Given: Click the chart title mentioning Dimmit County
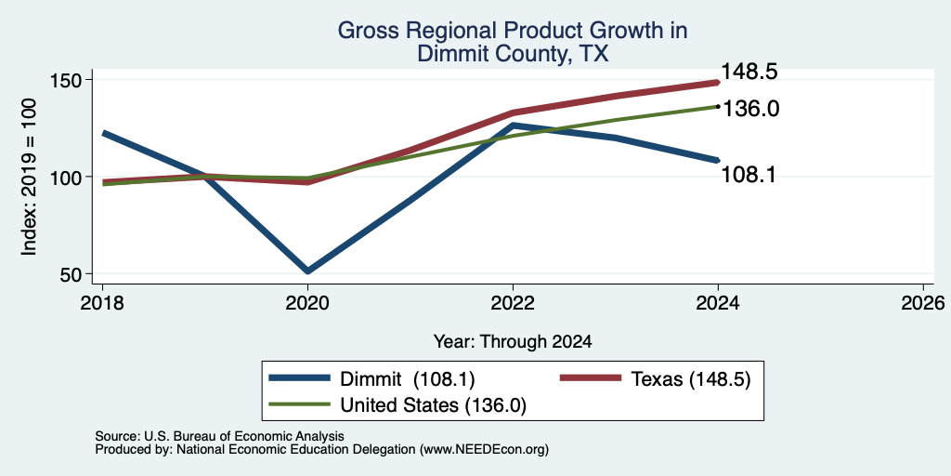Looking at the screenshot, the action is click(513, 42).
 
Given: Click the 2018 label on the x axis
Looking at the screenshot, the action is click(102, 303).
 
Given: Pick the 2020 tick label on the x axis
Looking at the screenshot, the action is click(307, 303).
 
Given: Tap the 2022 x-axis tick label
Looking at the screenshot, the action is click(513, 303).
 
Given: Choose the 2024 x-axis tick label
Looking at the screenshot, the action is click(718, 303).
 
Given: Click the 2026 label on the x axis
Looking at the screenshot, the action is click(923, 303).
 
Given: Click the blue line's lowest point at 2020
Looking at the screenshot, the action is click(307, 271).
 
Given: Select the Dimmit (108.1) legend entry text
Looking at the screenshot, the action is click(408, 379).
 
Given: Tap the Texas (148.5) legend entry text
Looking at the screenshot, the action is click(691, 379).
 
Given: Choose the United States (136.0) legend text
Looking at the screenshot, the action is click(433, 405).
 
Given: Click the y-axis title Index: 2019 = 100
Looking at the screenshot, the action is click(29, 178).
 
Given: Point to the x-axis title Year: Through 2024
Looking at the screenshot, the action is click(513, 342).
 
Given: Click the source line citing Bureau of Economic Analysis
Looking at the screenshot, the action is click(219, 436).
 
